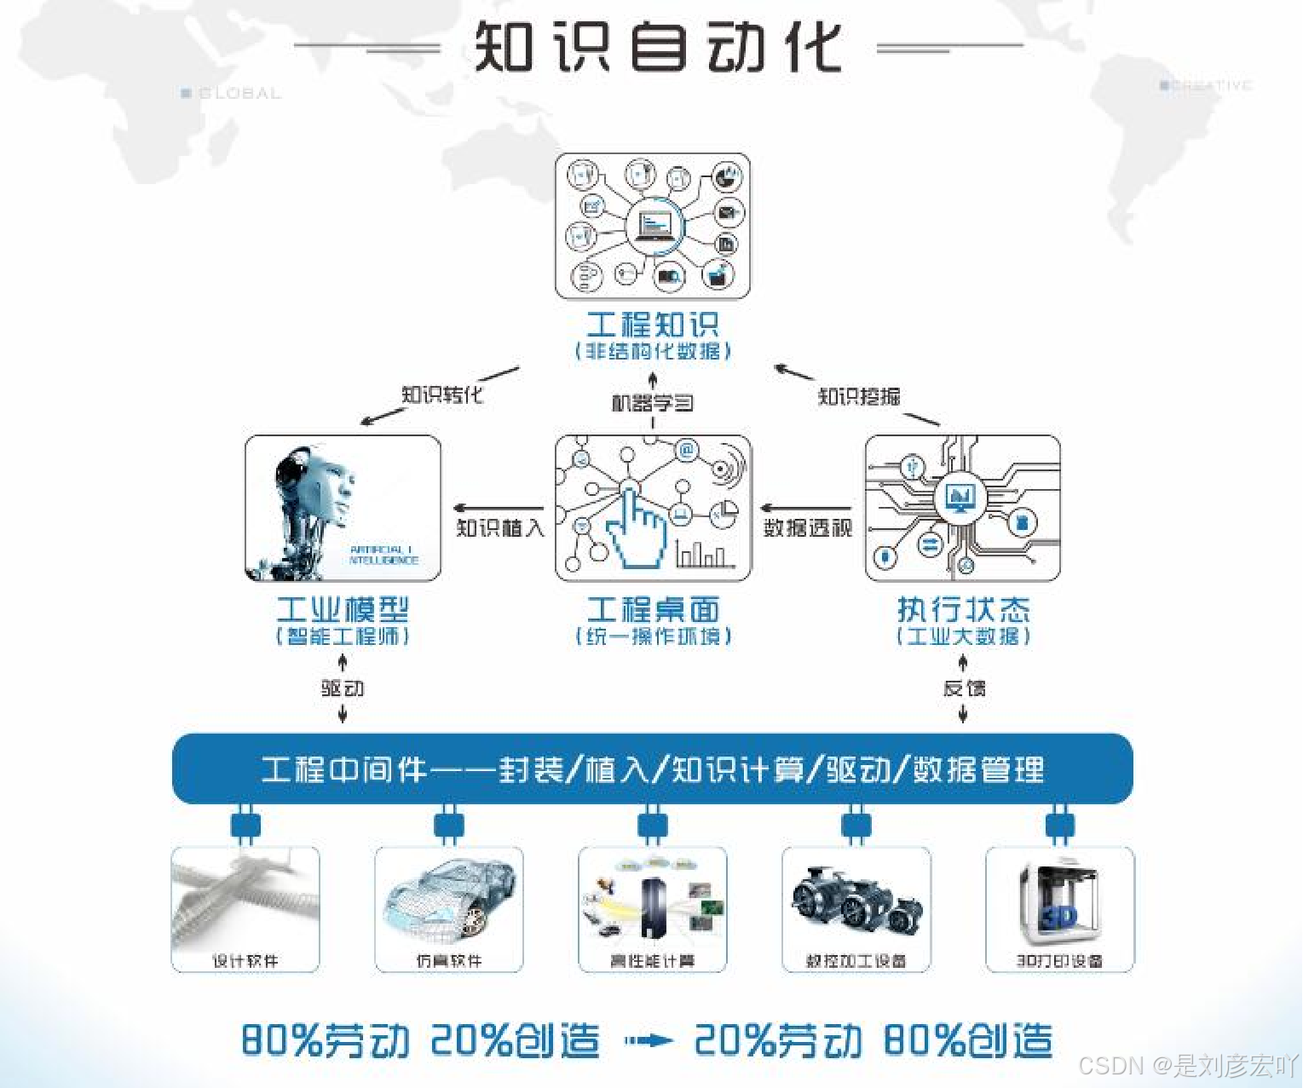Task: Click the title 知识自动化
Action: (x=657, y=47)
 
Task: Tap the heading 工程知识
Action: (x=653, y=325)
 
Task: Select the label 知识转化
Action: (x=441, y=394)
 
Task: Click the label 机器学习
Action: (x=652, y=402)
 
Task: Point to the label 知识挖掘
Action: (x=858, y=396)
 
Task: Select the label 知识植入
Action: (x=499, y=528)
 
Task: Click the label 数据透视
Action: (x=807, y=528)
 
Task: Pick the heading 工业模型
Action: (x=343, y=609)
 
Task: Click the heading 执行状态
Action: (x=963, y=609)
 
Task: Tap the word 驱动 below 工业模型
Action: (x=343, y=688)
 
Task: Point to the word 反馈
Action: (x=964, y=688)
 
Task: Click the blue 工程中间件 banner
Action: (x=652, y=769)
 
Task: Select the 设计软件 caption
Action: (x=245, y=961)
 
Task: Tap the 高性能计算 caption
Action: (x=652, y=961)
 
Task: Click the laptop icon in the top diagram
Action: (x=654, y=226)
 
